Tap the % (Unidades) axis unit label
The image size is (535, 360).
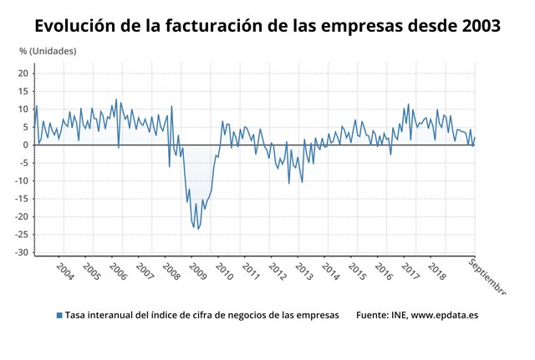pyautogui.click(x=48, y=52)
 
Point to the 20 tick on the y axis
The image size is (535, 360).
pyautogui.click(x=23, y=74)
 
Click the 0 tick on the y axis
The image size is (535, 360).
pyautogui.click(x=26, y=145)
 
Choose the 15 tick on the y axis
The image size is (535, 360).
pyautogui.click(x=23, y=91)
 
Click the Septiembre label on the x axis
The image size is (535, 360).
pyautogui.click(x=487, y=276)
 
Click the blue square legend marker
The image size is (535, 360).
pyautogui.click(x=59, y=316)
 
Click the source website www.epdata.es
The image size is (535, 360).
pyautogui.click(x=444, y=316)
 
